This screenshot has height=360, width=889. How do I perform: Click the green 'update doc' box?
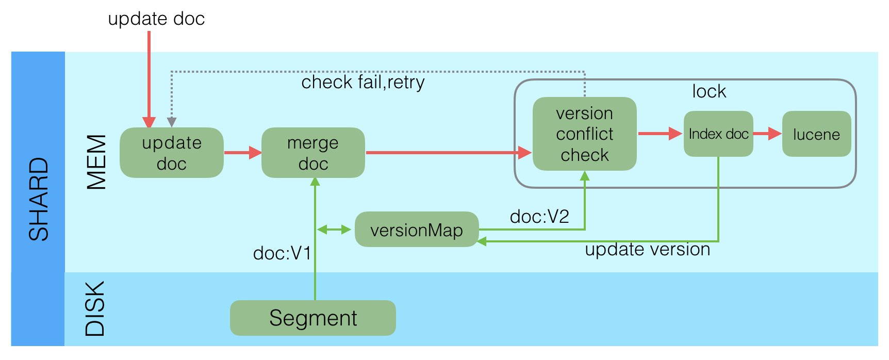click(x=171, y=153)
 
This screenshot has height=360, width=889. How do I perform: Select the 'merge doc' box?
click(x=313, y=153)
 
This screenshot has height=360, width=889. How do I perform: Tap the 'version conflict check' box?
click(x=584, y=134)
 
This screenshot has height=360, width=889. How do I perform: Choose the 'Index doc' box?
click(x=718, y=134)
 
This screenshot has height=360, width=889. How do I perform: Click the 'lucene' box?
click(x=816, y=134)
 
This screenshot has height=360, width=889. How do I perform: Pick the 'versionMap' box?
click(x=416, y=230)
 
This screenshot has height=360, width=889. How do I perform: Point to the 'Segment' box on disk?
click(x=312, y=318)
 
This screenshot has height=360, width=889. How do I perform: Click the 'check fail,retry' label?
click(x=363, y=82)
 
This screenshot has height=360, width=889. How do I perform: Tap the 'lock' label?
click(x=709, y=91)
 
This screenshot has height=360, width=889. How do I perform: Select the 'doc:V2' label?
click(x=539, y=217)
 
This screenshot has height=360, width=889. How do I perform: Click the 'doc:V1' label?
click(x=282, y=253)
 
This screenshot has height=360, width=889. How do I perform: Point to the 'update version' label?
click(x=647, y=250)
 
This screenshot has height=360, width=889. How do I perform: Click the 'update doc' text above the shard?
click(x=156, y=19)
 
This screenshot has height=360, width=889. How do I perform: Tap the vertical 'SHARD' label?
click(x=39, y=199)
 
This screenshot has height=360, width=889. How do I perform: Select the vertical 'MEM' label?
click(x=96, y=162)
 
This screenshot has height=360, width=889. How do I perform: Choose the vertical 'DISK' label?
click(x=95, y=308)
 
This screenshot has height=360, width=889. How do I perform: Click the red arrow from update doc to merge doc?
click(x=242, y=153)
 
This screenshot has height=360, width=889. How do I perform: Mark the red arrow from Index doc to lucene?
click(x=767, y=134)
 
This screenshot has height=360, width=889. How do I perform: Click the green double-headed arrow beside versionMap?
click(x=334, y=230)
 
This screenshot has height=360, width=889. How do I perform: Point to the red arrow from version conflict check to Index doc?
click(x=660, y=134)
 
